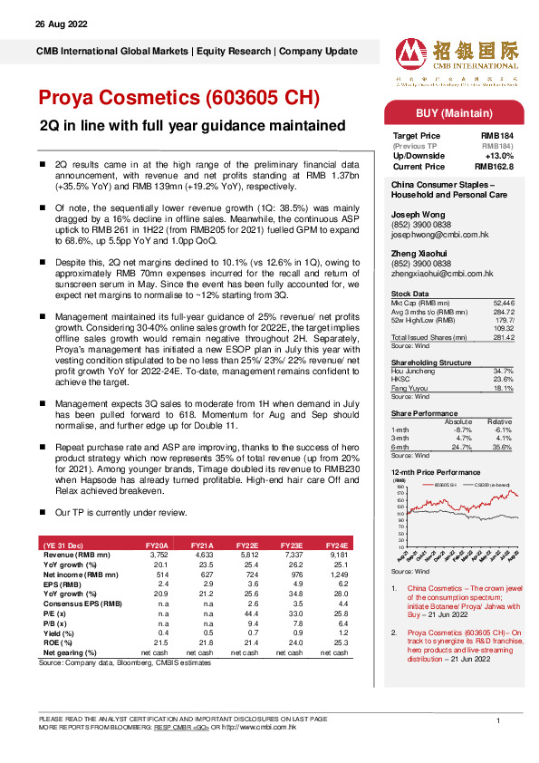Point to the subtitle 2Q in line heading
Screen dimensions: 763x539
tap(191, 125)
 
